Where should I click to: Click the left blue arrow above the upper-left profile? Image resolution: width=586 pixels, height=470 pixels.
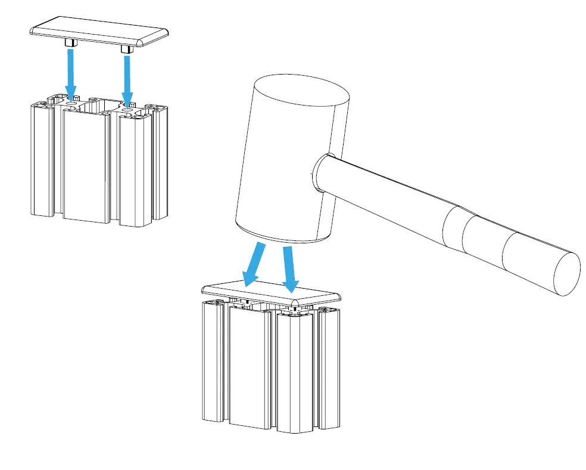(71, 72)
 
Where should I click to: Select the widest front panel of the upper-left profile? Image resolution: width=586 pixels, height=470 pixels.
(86, 167)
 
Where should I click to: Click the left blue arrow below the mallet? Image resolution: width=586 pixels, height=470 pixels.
(253, 263)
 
